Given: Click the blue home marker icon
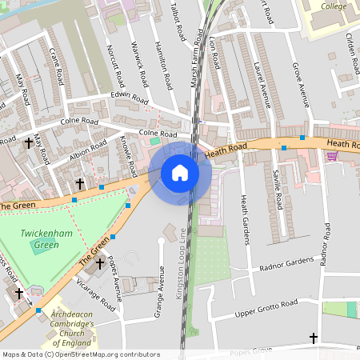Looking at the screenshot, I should pyautogui.click(x=180, y=173).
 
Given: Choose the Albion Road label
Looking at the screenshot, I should pyautogui.click(x=88, y=150).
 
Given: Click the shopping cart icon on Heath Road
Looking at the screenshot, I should pyautogui.click(x=332, y=156).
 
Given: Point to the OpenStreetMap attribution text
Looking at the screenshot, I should pyautogui.click(x=81, y=354).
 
